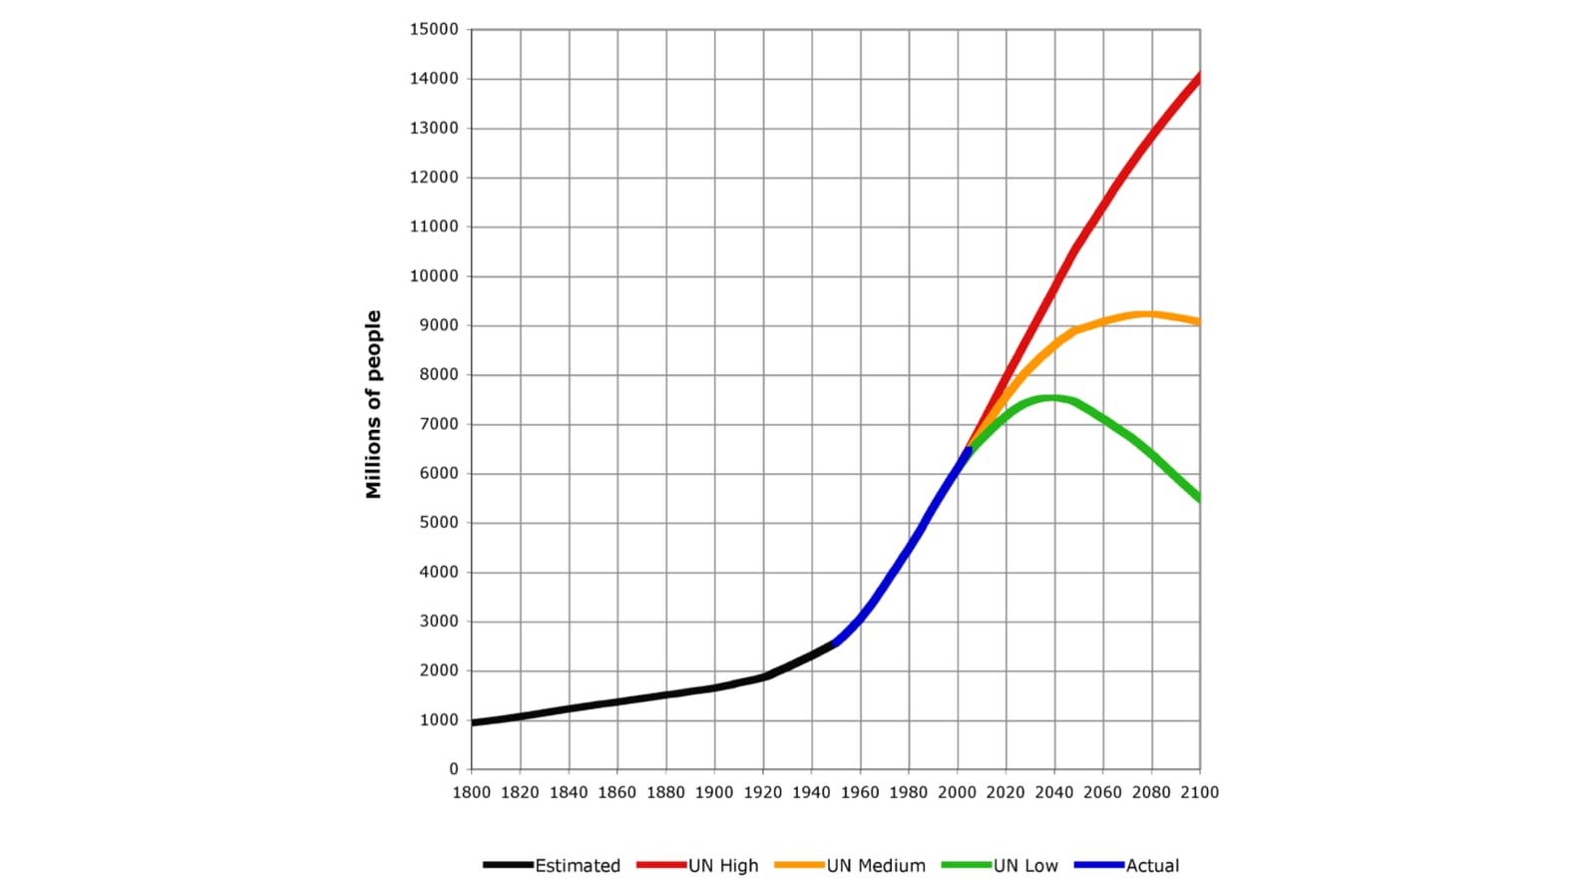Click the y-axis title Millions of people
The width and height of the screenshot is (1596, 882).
pyautogui.click(x=373, y=404)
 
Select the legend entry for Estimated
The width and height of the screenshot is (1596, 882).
pyautogui.click(x=552, y=866)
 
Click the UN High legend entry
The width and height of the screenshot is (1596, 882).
pyautogui.click(x=697, y=866)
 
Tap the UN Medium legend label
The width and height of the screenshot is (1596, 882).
pyautogui.click(x=877, y=866)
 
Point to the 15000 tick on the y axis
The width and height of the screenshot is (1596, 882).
pyautogui.click(x=434, y=29)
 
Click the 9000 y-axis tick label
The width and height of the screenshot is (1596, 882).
pyautogui.click(x=439, y=325)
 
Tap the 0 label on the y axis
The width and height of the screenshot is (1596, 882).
pyautogui.click(x=454, y=769)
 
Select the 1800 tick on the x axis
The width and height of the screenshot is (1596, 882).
pyautogui.click(x=472, y=792)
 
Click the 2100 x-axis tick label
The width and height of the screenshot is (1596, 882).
pyautogui.click(x=1201, y=792)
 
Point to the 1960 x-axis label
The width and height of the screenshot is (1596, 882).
pyautogui.click(x=860, y=792)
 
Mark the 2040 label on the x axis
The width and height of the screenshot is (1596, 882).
pyautogui.click(x=1054, y=792)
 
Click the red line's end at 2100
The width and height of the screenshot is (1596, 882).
pyautogui.click(x=1200, y=77)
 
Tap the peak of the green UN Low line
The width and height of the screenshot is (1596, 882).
pyautogui.click(x=1051, y=398)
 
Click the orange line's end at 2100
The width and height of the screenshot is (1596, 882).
pyautogui.click(x=1200, y=322)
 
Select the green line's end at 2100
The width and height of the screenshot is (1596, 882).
pyautogui.click(x=1200, y=498)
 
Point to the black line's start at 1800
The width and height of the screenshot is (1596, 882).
pyautogui.click(x=473, y=723)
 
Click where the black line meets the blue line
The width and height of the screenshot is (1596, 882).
pyautogui.click(x=834, y=644)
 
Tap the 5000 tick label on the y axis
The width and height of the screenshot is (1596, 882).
pyautogui.click(x=439, y=523)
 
